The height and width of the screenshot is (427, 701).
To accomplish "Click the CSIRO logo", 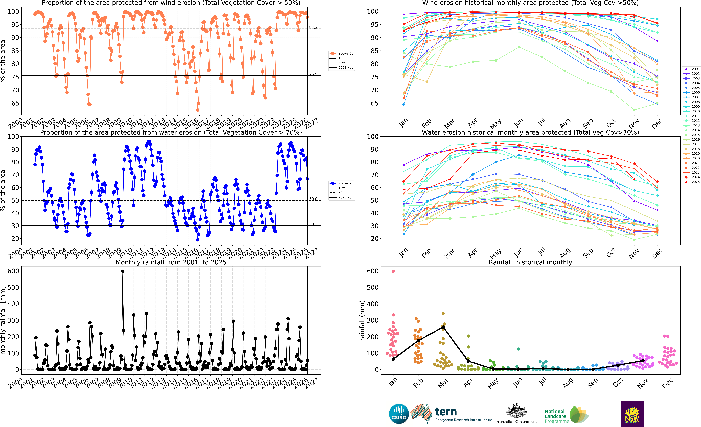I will [399, 414].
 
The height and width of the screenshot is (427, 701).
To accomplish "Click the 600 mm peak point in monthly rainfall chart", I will [123, 271].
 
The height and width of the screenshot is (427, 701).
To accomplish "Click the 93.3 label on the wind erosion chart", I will [313, 28].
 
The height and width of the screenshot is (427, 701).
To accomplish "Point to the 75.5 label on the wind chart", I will [313, 74].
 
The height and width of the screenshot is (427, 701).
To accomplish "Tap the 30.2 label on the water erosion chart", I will [313, 224].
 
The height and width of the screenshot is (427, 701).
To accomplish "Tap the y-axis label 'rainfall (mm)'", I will [362, 320].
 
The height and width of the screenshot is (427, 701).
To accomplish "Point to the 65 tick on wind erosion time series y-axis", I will [15, 103].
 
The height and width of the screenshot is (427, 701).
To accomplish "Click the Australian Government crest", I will [516, 411].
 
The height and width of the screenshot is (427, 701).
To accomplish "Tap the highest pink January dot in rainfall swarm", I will [393, 271].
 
